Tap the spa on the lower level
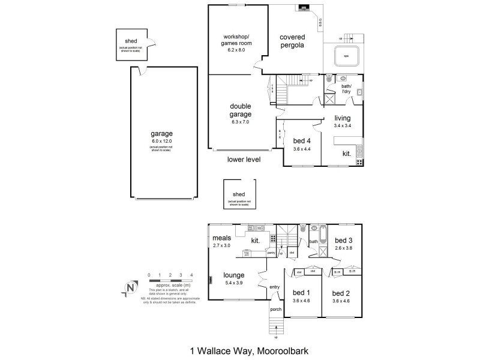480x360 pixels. [345, 57]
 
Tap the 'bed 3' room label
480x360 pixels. [343, 238]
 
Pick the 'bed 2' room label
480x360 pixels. [341, 293]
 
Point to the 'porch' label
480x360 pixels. [275, 310]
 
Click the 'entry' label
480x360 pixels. [275, 287]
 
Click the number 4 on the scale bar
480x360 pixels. [191, 275]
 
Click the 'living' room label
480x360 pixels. [343, 118]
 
